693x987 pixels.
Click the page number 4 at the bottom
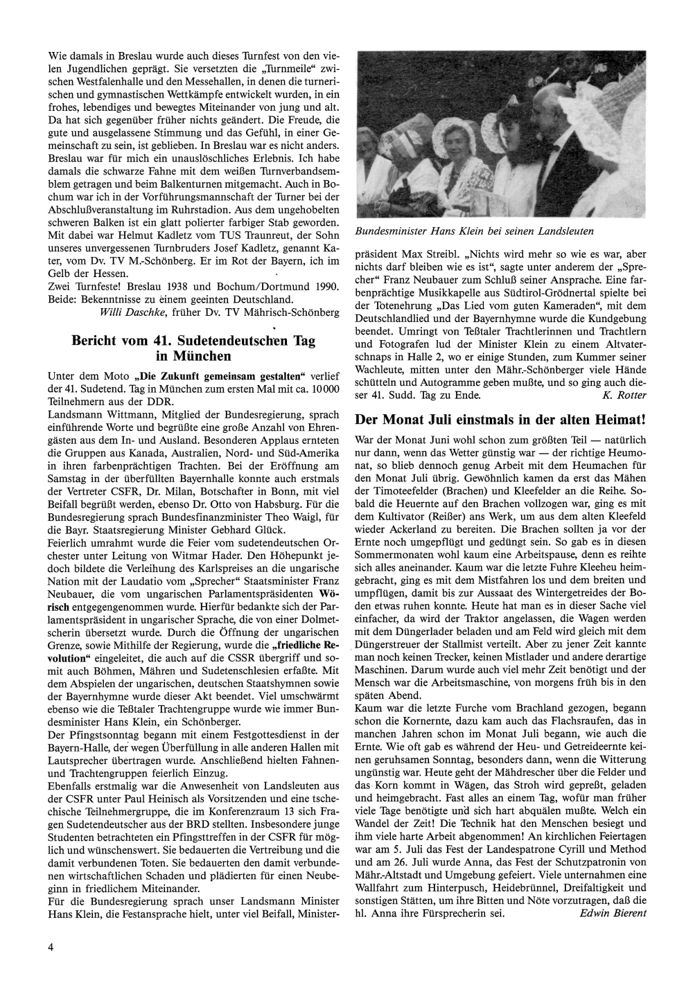[51, 947]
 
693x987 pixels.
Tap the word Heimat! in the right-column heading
[618, 420]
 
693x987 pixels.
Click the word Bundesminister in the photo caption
[392, 231]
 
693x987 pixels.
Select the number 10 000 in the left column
[322, 389]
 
